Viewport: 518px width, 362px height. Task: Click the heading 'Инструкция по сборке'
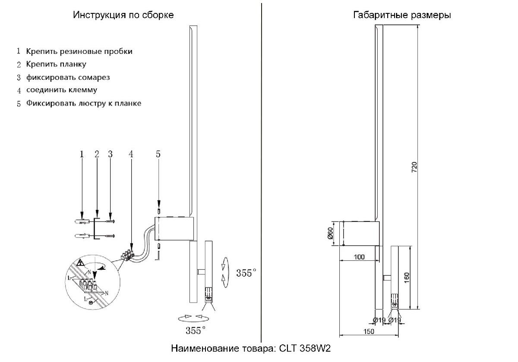pos(123,15)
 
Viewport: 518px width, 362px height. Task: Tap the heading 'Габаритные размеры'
pos(402,15)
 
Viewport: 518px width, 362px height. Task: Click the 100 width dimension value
pos(359,257)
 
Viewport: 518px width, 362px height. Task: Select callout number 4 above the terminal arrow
pos(131,154)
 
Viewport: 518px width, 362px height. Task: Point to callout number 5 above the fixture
pos(158,154)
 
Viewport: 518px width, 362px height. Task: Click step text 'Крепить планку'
pos(56,65)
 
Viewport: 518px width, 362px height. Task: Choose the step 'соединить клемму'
pos(61,90)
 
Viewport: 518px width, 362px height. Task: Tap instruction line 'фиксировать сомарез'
pos(68,78)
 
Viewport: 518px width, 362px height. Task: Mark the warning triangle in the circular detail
pos(79,262)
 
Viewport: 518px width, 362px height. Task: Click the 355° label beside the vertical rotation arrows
pos(246,273)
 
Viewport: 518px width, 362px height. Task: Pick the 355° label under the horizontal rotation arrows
pos(195,331)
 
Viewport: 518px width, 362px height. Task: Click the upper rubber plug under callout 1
pos(82,222)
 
